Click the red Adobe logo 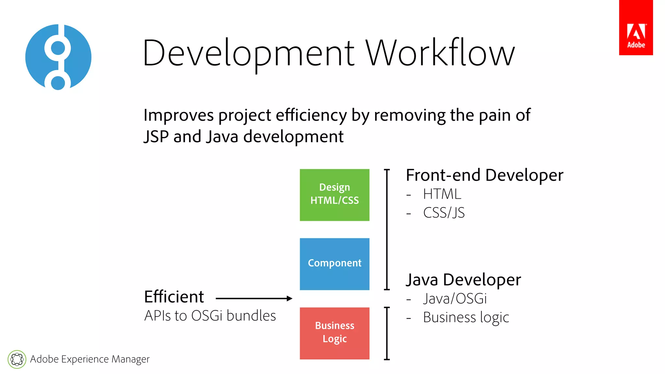tap(636, 28)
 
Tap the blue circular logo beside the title tap(58, 57)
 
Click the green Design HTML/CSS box tap(334, 195)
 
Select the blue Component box tap(334, 264)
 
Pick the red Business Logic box tap(334, 333)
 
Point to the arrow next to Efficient tap(254, 298)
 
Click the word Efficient tap(174, 297)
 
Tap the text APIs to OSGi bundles tap(210, 316)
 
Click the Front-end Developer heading tap(484, 175)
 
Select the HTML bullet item tap(442, 194)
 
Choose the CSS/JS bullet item tap(444, 213)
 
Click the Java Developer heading tap(463, 280)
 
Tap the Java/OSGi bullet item tap(455, 299)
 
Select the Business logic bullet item tap(466, 318)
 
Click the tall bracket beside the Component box tap(387, 229)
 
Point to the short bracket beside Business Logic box tap(387, 333)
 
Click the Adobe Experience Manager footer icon tap(17, 359)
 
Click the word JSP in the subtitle tap(156, 136)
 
